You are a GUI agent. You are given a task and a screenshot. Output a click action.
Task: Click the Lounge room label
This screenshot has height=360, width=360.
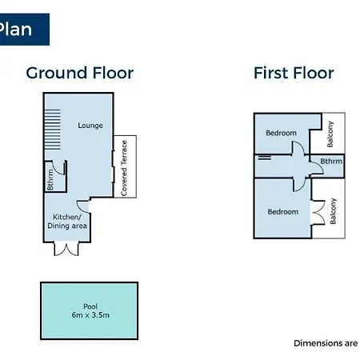[90, 126]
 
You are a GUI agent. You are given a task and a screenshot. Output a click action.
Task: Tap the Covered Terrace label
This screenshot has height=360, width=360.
[124, 168]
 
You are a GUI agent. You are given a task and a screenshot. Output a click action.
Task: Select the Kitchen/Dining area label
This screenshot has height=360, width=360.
[67, 222]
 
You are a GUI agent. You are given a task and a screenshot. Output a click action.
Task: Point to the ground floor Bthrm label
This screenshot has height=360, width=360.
[50, 180]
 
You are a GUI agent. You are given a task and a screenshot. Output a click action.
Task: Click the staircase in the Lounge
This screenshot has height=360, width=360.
[52, 130]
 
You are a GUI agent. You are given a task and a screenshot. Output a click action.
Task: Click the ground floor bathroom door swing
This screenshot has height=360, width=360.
[58, 169]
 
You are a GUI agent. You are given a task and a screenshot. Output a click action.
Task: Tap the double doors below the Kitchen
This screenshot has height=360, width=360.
[66, 249]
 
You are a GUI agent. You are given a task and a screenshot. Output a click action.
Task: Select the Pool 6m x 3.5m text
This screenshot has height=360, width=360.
[90, 311]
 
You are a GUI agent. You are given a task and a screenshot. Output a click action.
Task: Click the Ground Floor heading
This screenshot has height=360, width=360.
[80, 73]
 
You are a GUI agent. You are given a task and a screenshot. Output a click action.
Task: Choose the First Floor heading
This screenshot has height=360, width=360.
[294, 73]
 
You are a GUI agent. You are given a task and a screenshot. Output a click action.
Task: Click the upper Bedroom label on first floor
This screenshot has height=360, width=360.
[281, 133]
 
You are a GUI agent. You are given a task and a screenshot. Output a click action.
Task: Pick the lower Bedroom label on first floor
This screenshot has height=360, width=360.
[283, 212]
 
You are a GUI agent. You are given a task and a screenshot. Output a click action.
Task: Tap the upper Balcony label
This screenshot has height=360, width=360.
[330, 134]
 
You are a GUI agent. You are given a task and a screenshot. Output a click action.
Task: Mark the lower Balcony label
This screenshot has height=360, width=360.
[333, 211]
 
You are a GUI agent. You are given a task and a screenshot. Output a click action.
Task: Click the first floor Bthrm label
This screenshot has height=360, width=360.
[331, 161]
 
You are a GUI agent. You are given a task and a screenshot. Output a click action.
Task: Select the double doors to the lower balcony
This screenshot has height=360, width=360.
[318, 212]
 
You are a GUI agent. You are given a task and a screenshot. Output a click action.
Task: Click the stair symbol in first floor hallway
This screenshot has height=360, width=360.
[265, 158]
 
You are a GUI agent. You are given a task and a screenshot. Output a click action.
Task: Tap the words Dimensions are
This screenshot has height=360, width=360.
[326, 343]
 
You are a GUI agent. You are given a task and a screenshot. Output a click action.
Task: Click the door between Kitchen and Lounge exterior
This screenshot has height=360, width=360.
[83, 206]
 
